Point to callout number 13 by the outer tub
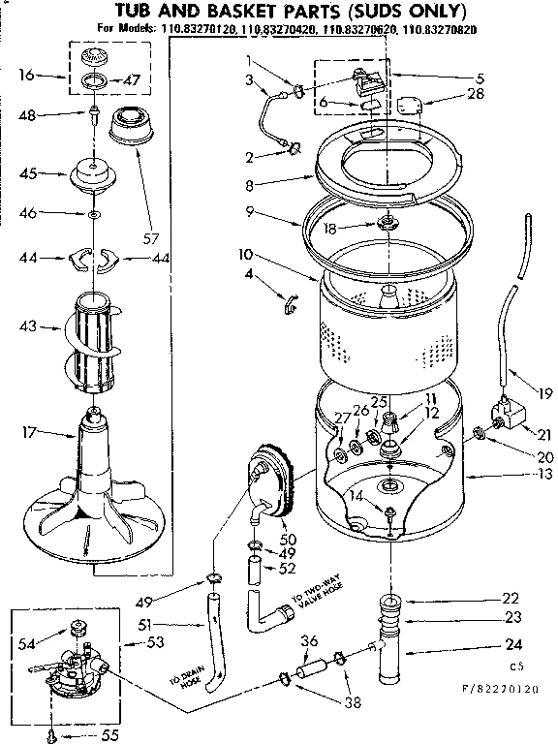pos(543,475)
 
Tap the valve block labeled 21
pos(505,416)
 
